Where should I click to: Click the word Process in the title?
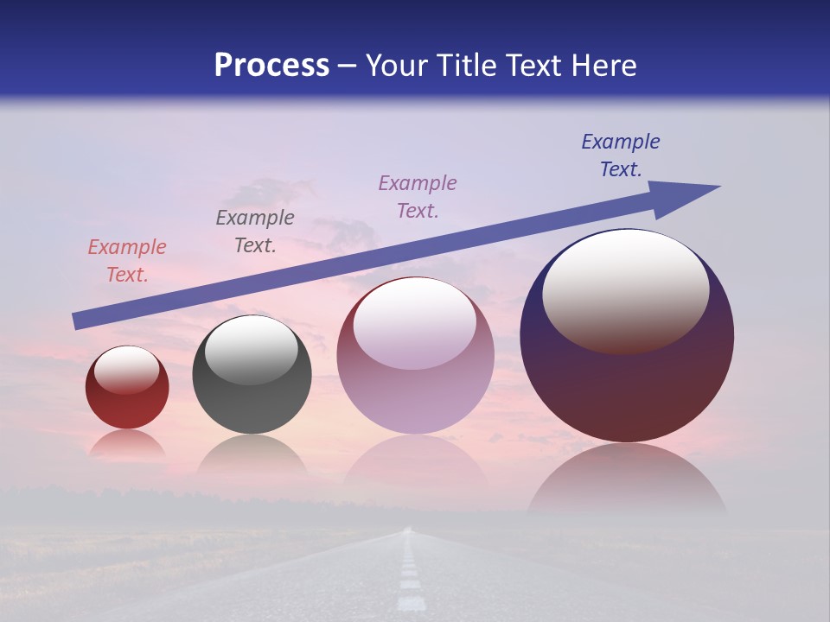click(x=271, y=66)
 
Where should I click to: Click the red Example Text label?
click(x=127, y=261)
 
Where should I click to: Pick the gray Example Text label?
click(x=255, y=232)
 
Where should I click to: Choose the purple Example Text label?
click(x=418, y=197)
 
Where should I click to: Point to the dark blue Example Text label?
click(x=621, y=155)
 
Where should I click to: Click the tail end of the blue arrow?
click(x=78, y=321)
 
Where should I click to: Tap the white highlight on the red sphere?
click(x=127, y=370)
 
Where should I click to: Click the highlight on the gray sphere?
click(x=252, y=349)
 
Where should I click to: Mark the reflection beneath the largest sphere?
click(x=627, y=479)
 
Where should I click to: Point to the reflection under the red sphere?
click(x=127, y=445)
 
